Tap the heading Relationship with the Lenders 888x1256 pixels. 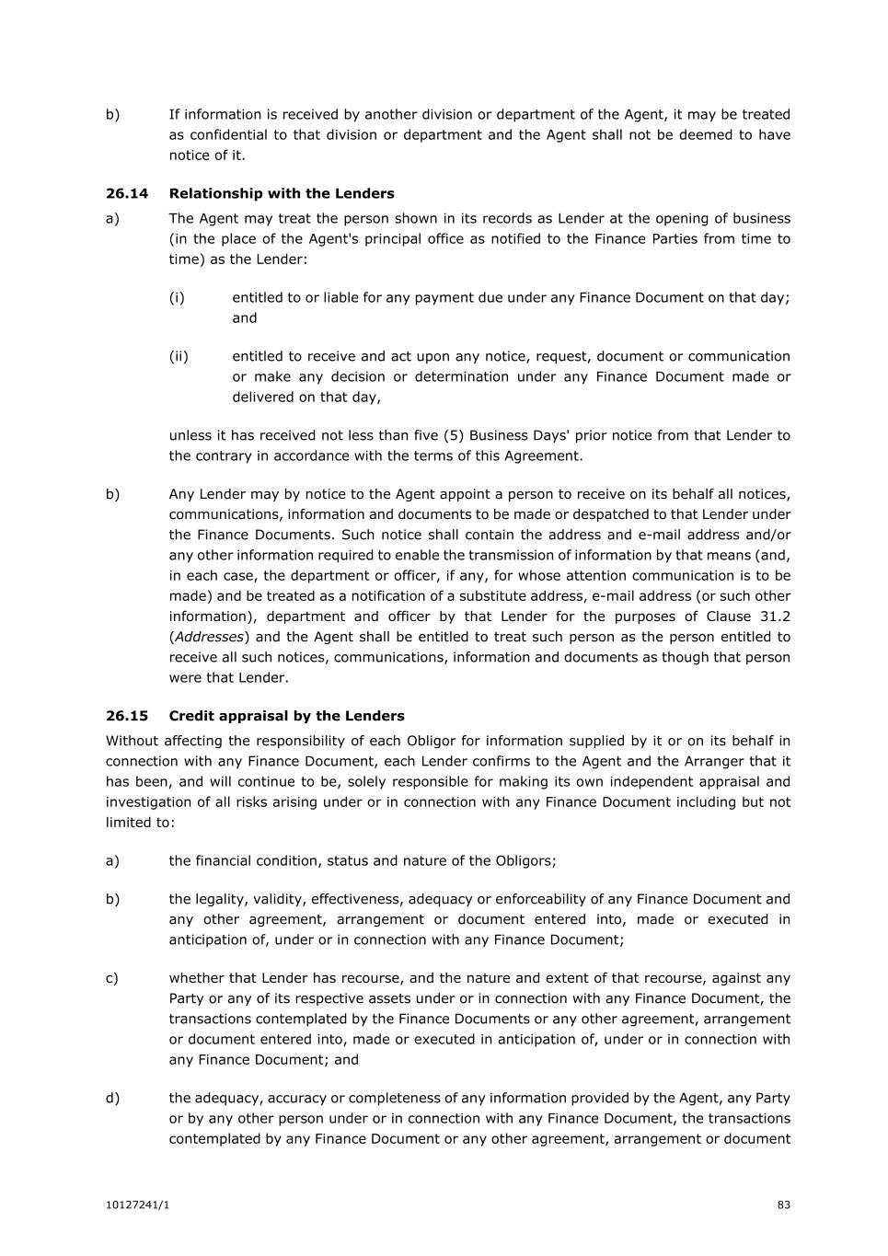[282, 193]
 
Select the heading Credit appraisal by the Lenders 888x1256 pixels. [286, 716]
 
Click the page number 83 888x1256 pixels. [784, 1205]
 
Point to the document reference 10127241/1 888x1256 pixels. [137, 1205]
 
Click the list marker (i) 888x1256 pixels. [177, 297]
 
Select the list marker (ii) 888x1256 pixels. [179, 356]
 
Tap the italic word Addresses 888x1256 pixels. [209, 637]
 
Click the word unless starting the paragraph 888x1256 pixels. [190, 435]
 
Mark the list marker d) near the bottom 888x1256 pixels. [112, 1098]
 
